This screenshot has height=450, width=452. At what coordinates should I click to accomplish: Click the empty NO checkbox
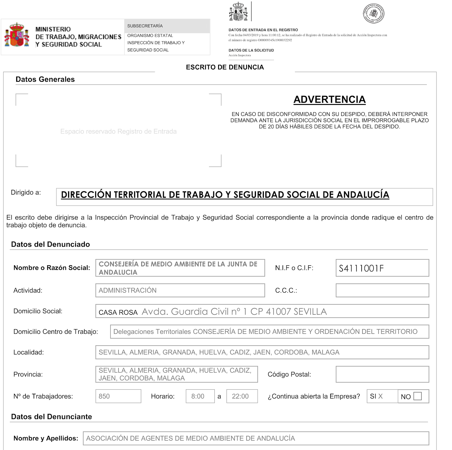tap(417, 396)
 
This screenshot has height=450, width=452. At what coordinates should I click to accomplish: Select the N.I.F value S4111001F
tap(361, 268)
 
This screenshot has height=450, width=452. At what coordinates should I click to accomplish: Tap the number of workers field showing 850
tap(118, 396)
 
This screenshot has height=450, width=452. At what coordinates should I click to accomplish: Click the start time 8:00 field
tap(200, 396)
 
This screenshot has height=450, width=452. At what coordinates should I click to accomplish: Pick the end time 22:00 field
tap(242, 396)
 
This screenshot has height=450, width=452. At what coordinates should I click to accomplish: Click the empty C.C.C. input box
tap(382, 290)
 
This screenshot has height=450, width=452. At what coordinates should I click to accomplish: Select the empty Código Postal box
tap(382, 374)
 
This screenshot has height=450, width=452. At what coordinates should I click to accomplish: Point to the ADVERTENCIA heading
tap(329, 100)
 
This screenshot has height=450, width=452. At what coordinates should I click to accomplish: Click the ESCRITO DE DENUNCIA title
tap(225, 67)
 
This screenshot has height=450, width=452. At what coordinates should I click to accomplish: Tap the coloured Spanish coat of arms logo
tap(17, 35)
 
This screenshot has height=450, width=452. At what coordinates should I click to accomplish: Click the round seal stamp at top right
tap(373, 13)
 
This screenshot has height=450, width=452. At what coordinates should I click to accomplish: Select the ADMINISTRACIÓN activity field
tap(180, 290)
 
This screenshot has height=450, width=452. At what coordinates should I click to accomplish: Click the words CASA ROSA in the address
tap(118, 312)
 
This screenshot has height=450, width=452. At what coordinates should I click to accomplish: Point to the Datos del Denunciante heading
tap(51, 417)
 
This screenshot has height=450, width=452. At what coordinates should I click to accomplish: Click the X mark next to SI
tap(381, 396)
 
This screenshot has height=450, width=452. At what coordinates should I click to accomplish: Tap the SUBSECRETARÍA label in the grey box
tap(145, 26)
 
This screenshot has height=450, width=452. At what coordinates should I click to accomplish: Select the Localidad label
tap(29, 352)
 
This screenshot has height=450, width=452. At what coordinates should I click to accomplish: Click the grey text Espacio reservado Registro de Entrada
tap(118, 132)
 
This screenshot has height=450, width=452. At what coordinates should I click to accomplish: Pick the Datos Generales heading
tap(45, 79)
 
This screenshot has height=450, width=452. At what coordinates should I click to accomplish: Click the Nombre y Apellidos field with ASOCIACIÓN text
tap(256, 438)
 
